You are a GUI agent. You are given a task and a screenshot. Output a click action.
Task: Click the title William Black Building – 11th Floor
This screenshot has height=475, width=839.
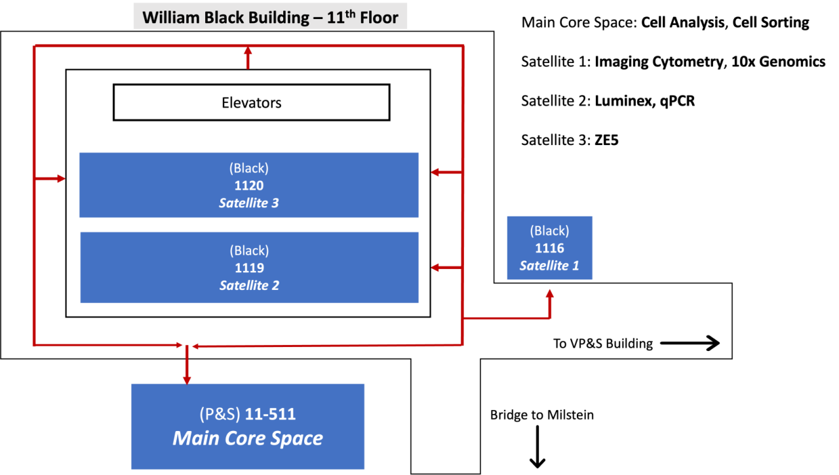(x=270, y=16)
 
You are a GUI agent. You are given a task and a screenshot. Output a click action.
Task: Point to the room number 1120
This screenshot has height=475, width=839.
(x=249, y=186)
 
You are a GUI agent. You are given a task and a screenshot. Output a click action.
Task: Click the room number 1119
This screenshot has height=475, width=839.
(x=249, y=268)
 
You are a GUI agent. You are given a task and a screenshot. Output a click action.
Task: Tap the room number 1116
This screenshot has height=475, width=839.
(x=549, y=248)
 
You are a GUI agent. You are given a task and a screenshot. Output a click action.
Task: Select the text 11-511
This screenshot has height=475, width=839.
(x=270, y=415)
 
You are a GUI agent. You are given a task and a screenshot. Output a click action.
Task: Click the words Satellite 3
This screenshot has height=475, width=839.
(x=249, y=203)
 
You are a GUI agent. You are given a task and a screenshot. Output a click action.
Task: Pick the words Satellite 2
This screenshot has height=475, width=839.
(x=249, y=285)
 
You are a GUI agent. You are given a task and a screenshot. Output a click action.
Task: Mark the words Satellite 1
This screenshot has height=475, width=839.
(x=549, y=266)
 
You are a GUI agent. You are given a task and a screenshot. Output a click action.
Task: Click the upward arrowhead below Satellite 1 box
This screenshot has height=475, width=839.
(x=549, y=294)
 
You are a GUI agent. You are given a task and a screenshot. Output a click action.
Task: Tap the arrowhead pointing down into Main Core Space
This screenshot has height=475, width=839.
(x=187, y=379)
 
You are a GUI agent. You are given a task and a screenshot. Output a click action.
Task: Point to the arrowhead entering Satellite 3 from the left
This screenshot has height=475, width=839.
(x=61, y=178)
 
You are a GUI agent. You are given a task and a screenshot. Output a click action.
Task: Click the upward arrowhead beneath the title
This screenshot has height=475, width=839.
(x=248, y=50)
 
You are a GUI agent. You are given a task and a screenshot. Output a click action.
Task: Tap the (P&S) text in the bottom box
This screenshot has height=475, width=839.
(x=220, y=415)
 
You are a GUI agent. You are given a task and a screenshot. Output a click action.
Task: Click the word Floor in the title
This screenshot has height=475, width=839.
(x=376, y=17)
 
